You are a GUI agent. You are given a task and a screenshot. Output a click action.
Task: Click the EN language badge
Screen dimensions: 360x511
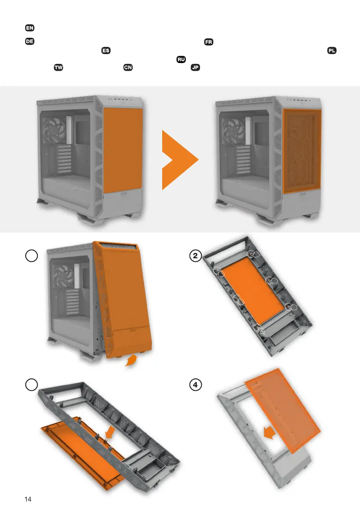30,28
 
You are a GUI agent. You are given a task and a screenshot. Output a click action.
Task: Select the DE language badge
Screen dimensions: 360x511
30,41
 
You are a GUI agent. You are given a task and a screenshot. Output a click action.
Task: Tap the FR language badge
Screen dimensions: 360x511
209,42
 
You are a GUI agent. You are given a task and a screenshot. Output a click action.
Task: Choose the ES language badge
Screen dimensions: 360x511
106,51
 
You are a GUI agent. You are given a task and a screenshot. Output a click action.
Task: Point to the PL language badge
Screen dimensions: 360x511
332,51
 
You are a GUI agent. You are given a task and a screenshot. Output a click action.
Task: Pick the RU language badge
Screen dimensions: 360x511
181,60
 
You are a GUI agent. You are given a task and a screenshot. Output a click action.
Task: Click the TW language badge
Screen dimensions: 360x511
59,68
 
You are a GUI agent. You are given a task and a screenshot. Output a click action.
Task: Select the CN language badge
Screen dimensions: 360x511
128,67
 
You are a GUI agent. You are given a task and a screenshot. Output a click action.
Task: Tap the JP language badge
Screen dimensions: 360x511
196,67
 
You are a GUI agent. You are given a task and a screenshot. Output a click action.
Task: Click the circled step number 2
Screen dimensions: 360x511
196,256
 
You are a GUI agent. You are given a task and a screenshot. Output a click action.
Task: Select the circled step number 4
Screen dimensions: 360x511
196,384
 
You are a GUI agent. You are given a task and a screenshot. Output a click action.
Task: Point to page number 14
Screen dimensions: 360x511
28,499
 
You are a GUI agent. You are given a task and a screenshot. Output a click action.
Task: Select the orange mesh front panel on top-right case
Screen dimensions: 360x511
302,151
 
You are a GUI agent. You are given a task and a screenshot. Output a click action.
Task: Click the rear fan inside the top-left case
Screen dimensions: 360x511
55,130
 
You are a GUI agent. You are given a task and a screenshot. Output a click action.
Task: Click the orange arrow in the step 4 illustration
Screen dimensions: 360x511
269,433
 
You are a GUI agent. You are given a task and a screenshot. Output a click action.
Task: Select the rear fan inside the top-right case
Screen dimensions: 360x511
233,131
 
